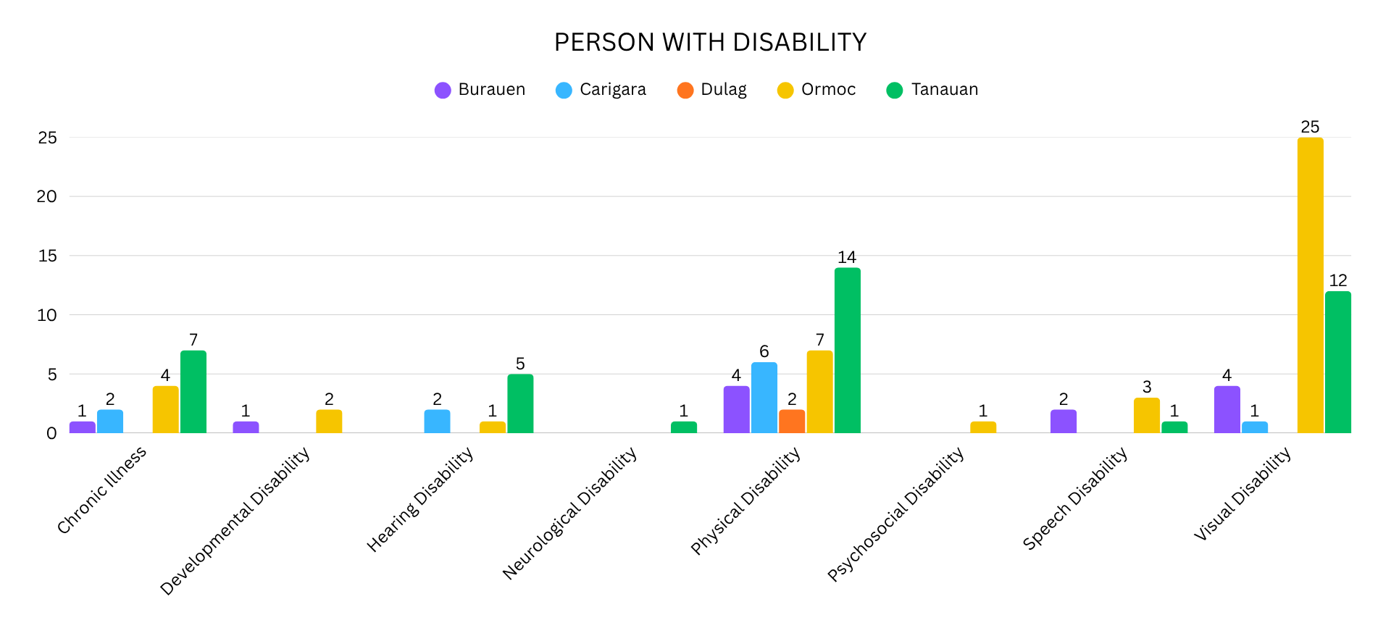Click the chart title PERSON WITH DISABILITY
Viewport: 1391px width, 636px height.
(710, 43)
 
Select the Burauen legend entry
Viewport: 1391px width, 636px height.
(480, 90)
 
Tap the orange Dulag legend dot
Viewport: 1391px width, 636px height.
(685, 91)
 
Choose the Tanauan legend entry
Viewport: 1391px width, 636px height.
(932, 90)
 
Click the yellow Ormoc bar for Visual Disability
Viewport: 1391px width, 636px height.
(1310, 286)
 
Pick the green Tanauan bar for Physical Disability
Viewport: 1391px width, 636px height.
(847, 351)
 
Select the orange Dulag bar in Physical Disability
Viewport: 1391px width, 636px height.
(792, 422)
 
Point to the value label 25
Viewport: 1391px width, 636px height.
(1310, 127)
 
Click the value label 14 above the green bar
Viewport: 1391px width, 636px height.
(847, 257)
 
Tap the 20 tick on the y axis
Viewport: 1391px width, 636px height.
(47, 196)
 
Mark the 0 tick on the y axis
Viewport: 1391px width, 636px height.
(51, 433)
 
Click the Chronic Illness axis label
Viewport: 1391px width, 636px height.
(102, 490)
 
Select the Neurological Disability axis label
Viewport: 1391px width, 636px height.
(570, 513)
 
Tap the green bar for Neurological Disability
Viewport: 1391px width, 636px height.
(683, 427)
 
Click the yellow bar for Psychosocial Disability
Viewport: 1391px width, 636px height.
(983, 427)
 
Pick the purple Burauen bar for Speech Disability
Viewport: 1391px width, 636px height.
(1063, 422)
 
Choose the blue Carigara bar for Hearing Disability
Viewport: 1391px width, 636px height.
(437, 422)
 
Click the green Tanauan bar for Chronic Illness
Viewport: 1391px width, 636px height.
(193, 392)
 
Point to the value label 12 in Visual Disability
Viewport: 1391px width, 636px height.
(1337, 281)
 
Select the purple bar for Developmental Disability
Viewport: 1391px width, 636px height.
(246, 427)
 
